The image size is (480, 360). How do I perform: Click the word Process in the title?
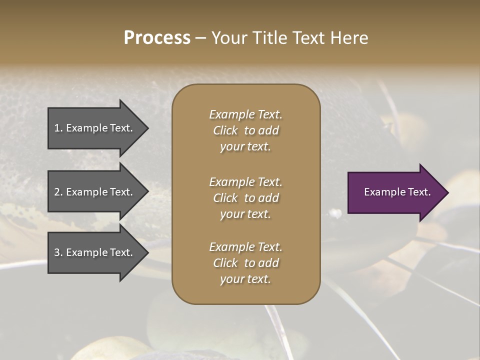pos(157,38)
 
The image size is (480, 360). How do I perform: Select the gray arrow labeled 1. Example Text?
pos(95,128)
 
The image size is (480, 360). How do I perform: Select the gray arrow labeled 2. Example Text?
pos(95,192)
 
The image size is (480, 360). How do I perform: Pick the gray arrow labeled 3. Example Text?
pos(95,252)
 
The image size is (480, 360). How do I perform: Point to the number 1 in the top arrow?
pos(57,128)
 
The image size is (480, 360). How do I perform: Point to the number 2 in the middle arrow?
pos(57,192)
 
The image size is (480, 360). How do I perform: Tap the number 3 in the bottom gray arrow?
pos(57,252)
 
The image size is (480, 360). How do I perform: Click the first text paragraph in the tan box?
pos(245,130)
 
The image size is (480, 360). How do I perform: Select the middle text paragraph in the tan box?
pos(245,198)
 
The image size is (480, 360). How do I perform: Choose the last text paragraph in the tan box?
pos(245,263)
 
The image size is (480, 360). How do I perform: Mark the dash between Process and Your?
pos(200,38)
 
